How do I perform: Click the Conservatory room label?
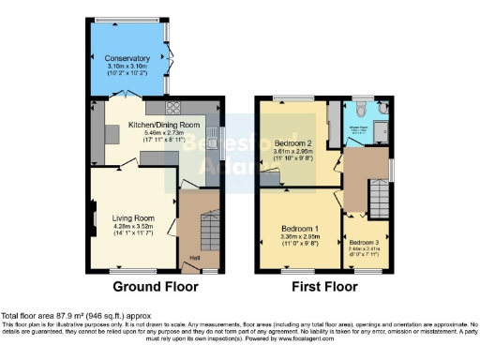point(127,58)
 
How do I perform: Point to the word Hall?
point(195,258)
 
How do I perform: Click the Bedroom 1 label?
point(302,229)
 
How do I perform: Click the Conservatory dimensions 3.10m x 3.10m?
point(127,66)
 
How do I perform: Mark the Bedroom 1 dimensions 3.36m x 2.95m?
point(302,237)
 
